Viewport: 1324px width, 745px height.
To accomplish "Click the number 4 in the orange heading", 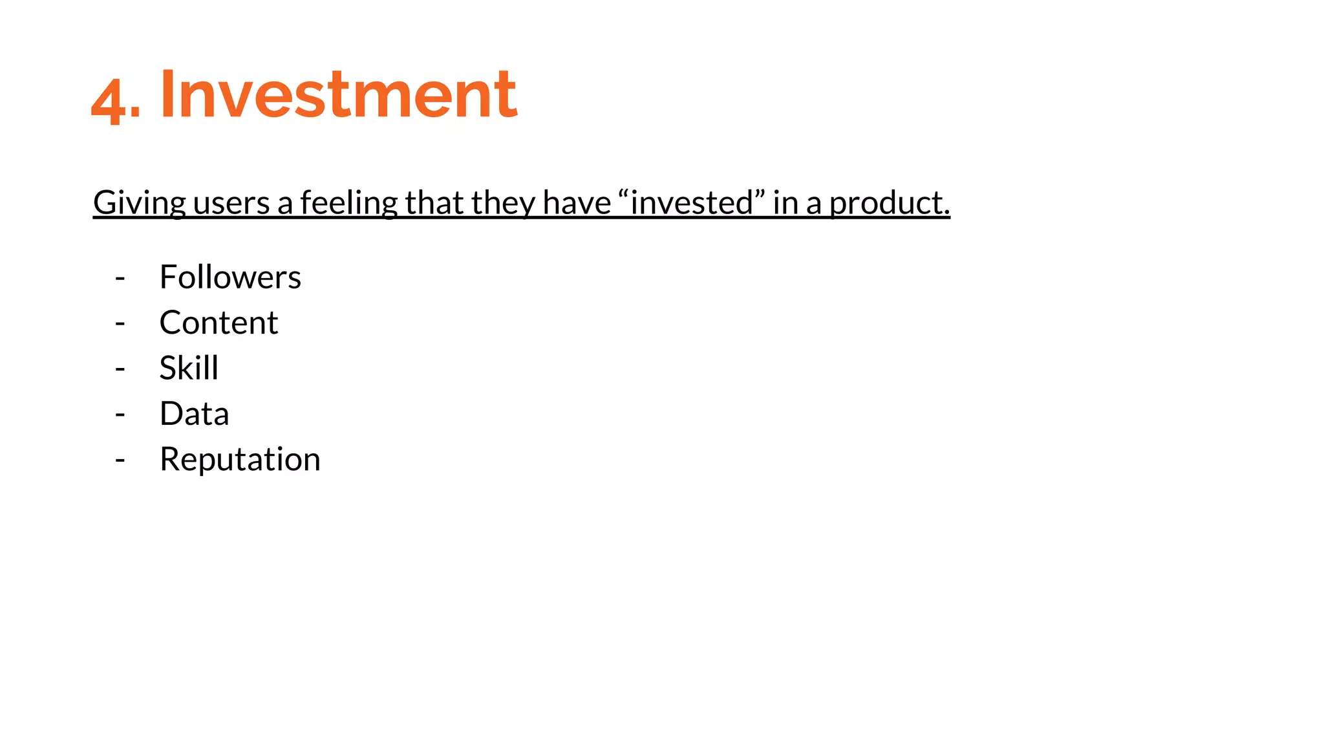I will (107, 100).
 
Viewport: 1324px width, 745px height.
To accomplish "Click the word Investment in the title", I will (338, 94).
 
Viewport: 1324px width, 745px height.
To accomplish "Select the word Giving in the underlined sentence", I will (140, 203).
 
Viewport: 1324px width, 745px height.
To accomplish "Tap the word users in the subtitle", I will (231, 203).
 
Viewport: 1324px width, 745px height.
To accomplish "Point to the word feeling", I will (348, 203).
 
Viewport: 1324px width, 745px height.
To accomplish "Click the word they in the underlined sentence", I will (503, 203).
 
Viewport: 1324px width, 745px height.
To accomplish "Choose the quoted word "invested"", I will (692, 203).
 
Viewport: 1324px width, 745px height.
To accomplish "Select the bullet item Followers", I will (230, 277).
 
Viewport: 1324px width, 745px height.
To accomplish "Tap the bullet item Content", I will (219, 323).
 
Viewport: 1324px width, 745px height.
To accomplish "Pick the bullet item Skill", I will (189, 368).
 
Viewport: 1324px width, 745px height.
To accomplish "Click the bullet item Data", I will (194, 414).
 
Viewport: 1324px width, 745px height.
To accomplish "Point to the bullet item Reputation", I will (240, 459).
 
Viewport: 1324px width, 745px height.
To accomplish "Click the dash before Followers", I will (120, 279).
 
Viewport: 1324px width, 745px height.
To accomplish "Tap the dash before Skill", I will (120, 369).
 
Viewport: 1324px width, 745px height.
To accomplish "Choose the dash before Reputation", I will (120, 460).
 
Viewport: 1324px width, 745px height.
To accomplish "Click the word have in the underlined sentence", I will (577, 203).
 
